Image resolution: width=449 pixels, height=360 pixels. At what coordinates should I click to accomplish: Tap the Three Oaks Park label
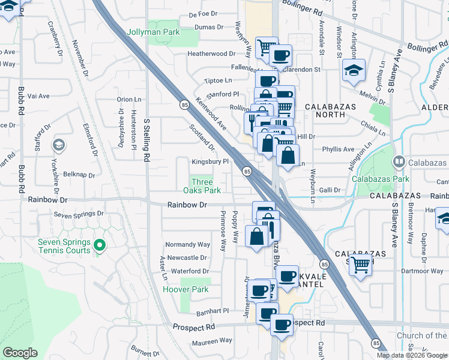coord(206,186)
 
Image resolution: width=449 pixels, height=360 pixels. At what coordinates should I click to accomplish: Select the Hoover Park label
coord(186,289)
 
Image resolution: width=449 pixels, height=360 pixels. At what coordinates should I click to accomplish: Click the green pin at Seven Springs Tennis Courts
coord(100,245)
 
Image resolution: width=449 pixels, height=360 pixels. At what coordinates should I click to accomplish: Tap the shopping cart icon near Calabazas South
coord(361,263)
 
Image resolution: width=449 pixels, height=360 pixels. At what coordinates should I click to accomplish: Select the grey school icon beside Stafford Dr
coord(59,145)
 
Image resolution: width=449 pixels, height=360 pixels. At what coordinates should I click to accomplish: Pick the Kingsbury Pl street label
coord(210,161)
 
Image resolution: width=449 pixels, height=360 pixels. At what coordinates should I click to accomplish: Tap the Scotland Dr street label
coord(202,137)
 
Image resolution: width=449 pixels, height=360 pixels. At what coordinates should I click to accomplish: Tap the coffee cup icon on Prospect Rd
coord(282,324)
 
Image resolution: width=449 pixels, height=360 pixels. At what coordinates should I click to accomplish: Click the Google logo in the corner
coord(20,353)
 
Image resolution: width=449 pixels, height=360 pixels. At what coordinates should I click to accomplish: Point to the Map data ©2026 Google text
coord(412,355)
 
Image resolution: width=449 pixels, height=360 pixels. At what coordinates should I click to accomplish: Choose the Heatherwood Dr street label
coord(207,54)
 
